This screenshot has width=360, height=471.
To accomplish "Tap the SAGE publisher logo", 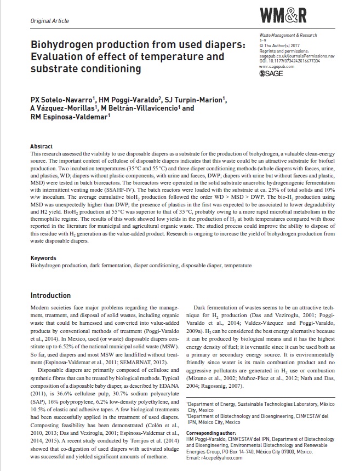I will pyautogui.click(x=271, y=73).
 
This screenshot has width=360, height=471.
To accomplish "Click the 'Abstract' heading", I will pyautogui.click(x=41, y=147).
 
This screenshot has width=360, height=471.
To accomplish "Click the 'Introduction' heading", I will pyautogui.click(x=50, y=295).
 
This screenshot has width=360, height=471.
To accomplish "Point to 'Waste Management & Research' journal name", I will pyautogui.click(x=288, y=35).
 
